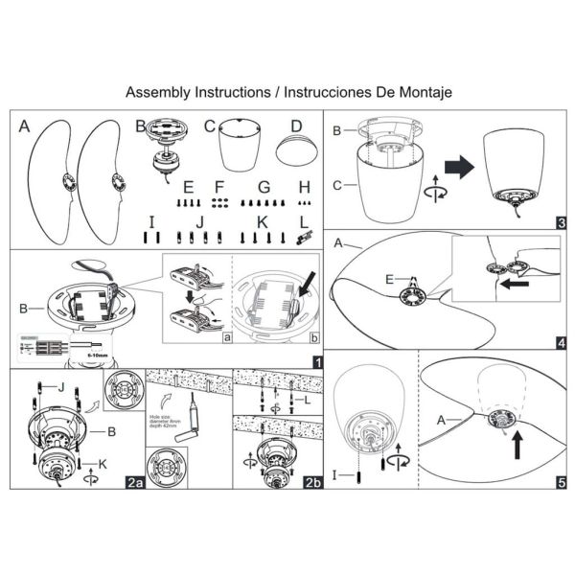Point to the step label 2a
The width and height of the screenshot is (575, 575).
133,484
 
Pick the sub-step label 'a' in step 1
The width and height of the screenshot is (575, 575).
225,337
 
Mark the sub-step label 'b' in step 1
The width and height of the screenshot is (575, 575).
315,337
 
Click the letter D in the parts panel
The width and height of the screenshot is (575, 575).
296,126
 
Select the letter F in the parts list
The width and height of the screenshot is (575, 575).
219,186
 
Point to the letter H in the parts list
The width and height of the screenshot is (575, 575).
305,186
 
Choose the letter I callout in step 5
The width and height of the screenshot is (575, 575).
338,471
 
